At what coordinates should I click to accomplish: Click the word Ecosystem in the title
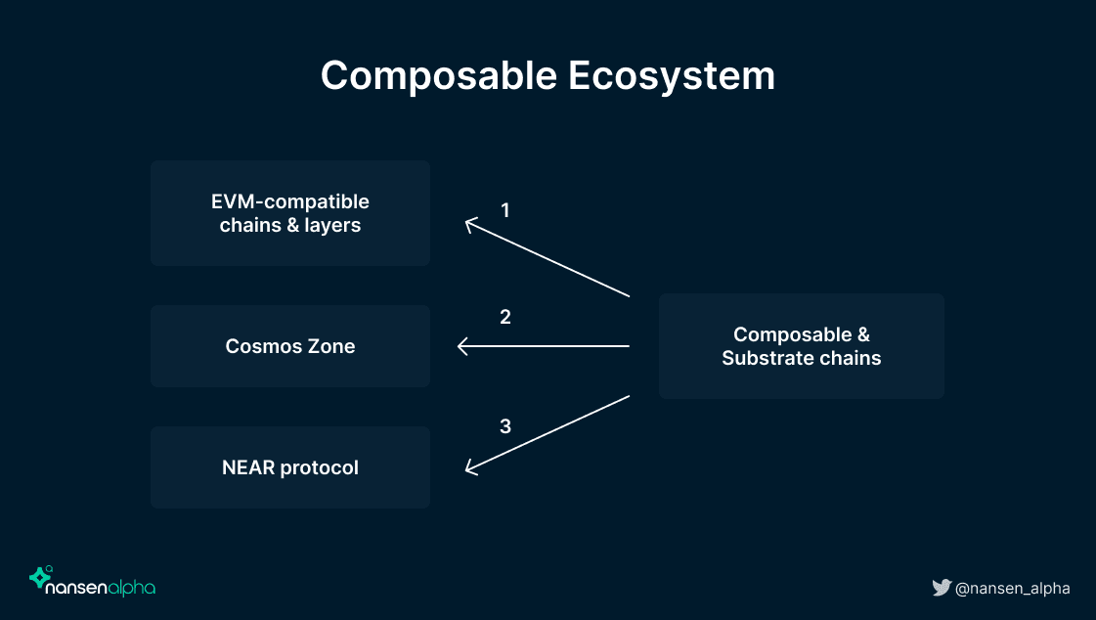672,76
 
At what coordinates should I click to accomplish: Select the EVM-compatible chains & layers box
290,213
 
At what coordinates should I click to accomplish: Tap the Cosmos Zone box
290,346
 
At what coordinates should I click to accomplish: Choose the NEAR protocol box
290,466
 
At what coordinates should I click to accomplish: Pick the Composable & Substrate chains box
801,346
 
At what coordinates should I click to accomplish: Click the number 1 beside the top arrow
505,210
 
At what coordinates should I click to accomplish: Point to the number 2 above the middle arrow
505,317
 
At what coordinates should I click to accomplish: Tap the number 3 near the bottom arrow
505,426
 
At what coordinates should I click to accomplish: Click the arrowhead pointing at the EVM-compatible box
469,224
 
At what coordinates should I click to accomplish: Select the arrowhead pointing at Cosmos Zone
461,346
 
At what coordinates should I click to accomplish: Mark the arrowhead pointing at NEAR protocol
469,469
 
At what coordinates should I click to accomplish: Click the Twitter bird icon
942,587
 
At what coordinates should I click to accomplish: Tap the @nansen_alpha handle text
1012,589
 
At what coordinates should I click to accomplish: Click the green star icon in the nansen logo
40,577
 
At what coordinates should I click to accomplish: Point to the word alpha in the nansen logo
131,588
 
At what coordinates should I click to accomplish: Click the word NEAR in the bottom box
248,466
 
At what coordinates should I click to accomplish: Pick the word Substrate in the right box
764,358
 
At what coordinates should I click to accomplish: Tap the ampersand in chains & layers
293,225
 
